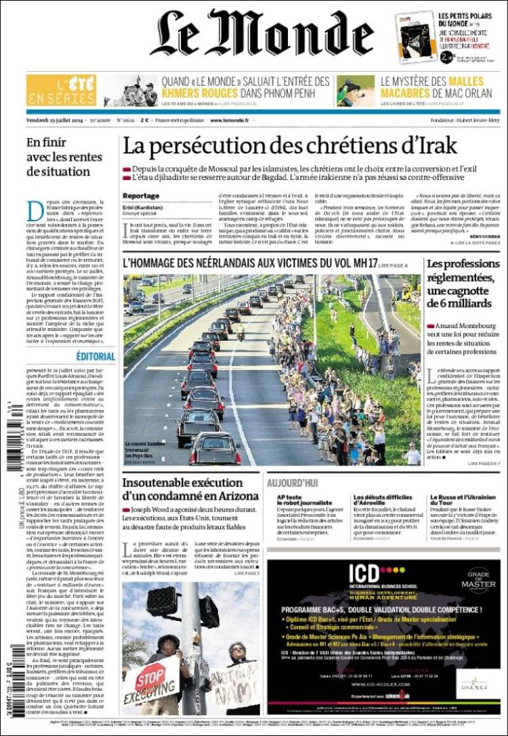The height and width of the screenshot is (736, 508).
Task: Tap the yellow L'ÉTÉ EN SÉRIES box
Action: pos(61,91)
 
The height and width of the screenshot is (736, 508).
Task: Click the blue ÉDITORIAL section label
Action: pos(96,356)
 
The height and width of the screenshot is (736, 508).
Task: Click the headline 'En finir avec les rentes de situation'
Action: pos(65,157)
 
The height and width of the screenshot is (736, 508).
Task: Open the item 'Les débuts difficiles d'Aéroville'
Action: pos(383,502)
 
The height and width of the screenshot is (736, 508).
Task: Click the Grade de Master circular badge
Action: pos(478,580)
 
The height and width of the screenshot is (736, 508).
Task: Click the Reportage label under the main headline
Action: pos(141,195)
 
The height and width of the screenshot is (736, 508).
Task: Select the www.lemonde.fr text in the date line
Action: pos(229,120)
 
